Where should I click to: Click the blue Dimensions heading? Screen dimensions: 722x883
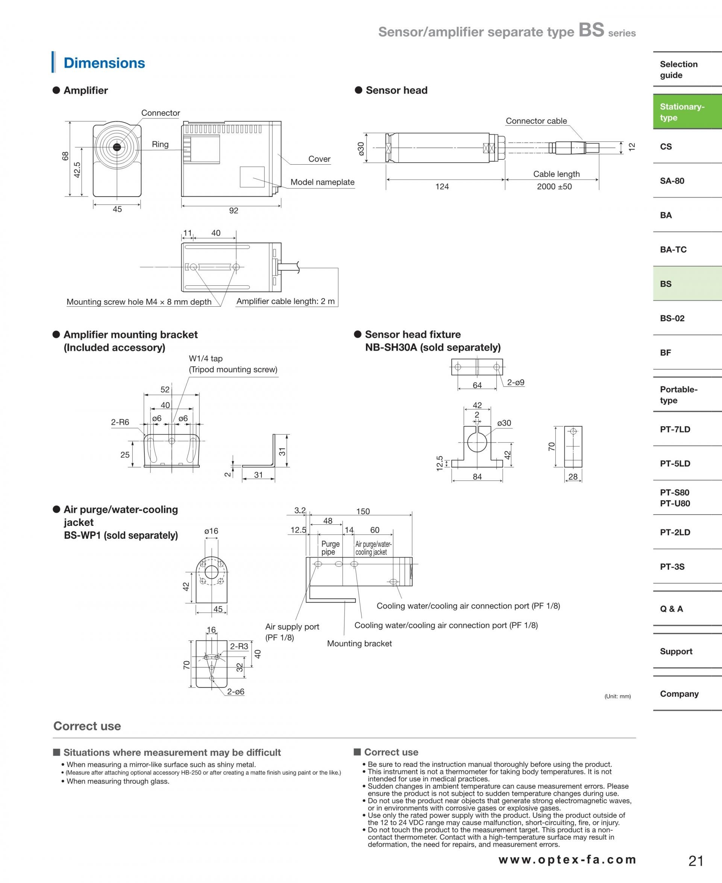(x=104, y=63)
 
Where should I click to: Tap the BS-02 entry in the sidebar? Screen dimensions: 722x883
(x=672, y=318)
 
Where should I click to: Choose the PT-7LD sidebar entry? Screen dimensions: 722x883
(x=675, y=429)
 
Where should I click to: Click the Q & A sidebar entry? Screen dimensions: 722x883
(x=671, y=609)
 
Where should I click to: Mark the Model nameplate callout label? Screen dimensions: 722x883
(x=322, y=182)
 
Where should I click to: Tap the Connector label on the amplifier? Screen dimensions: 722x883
(x=161, y=113)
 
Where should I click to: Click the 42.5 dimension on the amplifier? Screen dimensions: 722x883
(x=77, y=170)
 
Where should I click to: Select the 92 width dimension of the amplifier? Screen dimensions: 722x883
(x=234, y=211)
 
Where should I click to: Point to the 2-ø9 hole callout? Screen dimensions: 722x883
(x=516, y=382)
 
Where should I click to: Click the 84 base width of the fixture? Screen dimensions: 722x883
(x=477, y=476)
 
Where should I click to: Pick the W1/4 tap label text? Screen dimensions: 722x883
(x=205, y=358)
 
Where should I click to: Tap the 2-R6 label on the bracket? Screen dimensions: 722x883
(x=120, y=422)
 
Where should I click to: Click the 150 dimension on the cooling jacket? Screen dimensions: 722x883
(x=363, y=511)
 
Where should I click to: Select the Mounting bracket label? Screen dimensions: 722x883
(x=359, y=644)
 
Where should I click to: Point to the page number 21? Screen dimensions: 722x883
(x=696, y=860)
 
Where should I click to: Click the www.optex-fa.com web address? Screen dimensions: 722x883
(x=567, y=860)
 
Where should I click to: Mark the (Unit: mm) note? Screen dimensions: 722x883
(x=617, y=696)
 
